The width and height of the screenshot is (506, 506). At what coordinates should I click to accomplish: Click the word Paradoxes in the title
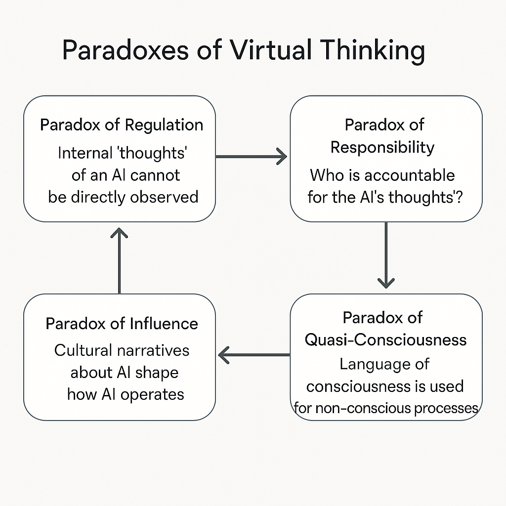125,50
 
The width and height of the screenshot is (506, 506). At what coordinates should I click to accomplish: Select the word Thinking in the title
373,51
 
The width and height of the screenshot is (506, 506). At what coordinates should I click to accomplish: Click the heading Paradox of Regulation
122,125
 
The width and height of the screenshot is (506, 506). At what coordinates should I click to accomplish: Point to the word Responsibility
382,147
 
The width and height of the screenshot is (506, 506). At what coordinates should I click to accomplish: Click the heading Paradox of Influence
122,323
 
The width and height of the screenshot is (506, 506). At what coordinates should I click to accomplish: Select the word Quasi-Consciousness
385,339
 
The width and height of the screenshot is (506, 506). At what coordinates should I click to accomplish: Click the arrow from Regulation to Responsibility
251,157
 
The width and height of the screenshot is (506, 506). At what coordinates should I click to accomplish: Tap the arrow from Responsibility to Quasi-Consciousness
386,255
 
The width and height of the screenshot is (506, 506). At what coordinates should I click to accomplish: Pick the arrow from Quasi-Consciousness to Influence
254,355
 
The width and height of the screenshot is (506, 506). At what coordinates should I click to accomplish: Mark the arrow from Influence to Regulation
120,260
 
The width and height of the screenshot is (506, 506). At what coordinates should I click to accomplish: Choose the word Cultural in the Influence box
83,350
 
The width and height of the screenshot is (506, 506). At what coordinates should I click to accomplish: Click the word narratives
153,350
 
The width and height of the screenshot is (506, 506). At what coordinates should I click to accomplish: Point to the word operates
152,395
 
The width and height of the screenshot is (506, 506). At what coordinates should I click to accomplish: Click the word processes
446,409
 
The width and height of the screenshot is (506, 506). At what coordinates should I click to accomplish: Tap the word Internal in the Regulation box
85,153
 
